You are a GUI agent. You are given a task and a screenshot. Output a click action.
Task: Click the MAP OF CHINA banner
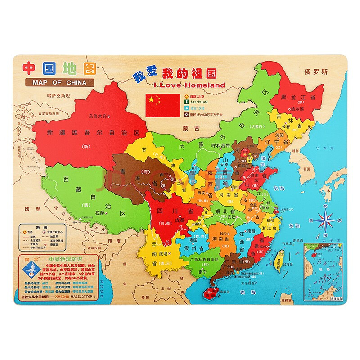click(59, 82)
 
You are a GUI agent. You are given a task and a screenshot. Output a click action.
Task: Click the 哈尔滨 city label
click(297, 108)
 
